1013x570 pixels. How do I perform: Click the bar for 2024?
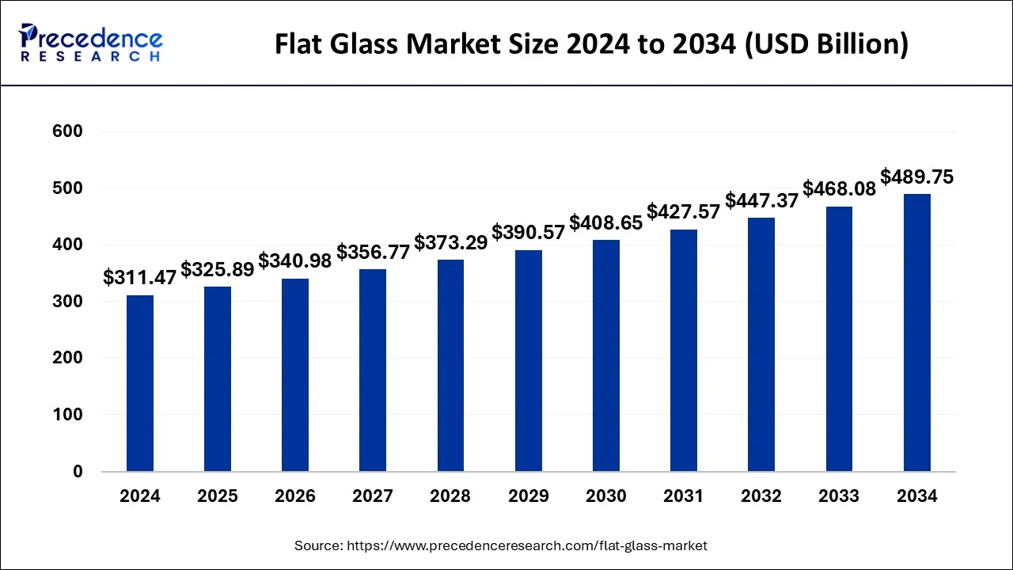click(x=140, y=383)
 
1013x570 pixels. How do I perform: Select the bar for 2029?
click(x=529, y=361)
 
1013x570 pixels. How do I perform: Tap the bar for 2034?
click(x=917, y=332)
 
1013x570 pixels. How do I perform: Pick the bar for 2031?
click(x=684, y=350)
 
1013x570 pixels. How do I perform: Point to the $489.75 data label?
click(x=917, y=177)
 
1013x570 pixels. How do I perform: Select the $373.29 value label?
click(x=451, y=243)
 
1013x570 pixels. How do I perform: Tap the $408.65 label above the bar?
click(x=606, y=223)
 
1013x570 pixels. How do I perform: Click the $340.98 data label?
click(x=295, y=261)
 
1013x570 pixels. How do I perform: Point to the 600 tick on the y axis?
click(x=67, y=131)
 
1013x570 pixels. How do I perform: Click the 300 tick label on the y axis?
click(x=67, y=302)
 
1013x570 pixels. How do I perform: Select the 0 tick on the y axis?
click(x=77, y=472)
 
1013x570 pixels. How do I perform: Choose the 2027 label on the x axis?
click(x=373, y=496)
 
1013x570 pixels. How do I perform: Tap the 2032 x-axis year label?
click(x=761, y=496)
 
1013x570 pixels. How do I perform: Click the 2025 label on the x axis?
click(x=218, y=496)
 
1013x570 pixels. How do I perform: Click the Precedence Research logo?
click(x=91, y=44)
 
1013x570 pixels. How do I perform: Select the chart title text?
click(x=591, y=45)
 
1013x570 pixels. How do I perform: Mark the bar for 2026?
click(x=295, y=374)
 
